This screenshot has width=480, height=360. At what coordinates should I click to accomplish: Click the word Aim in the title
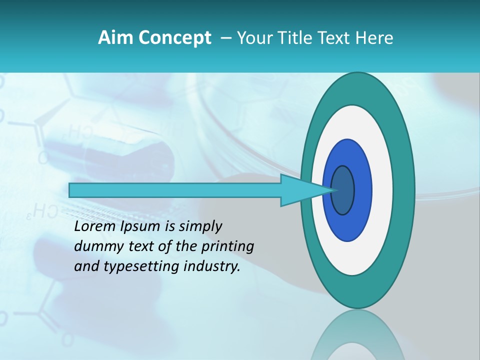click(112, 37)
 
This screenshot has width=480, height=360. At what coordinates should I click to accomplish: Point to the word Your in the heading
click(254, 37)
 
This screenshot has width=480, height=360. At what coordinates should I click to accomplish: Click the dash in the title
click(225, 37)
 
